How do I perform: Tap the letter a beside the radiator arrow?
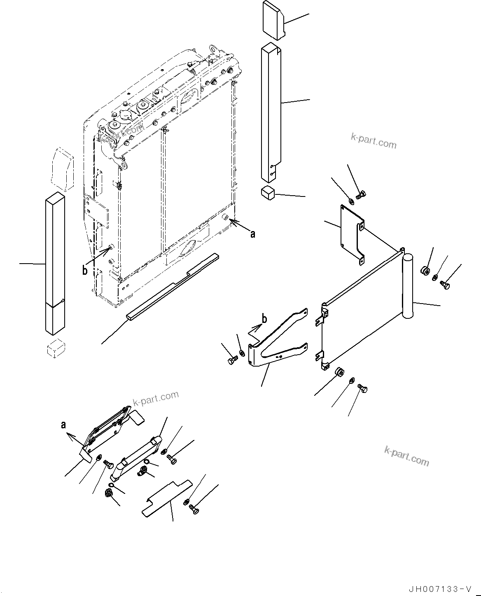click(252, 234)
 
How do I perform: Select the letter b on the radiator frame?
click(84, 271)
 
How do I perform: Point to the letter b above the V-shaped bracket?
click(264, 319)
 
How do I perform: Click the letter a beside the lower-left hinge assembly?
click(63, 425)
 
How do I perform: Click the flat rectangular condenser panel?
click(362, 313)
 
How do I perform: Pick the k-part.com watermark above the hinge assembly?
click(156, 398)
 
